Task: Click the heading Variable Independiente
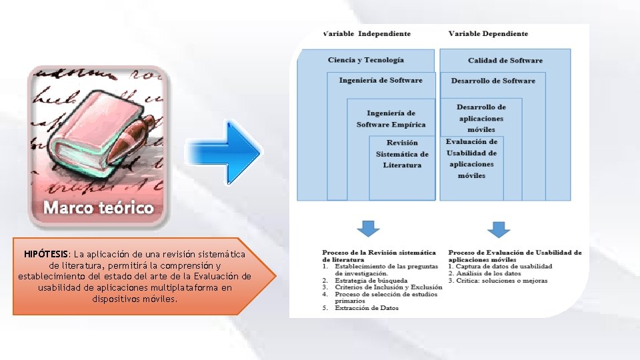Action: click(x=367, y=34)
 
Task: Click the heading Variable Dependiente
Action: click(x=488, y=34)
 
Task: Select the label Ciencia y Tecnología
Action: click(x=365, y=60)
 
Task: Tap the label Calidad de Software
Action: click(x=505, y=61)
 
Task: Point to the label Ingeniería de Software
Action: click(x=381, y=81)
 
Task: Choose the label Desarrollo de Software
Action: click(x=493, y=81)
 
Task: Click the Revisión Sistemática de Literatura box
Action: click(x=402, y=154)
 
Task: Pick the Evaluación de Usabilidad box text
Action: click(x=471, y=158)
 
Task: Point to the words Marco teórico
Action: click(x=99, y=208)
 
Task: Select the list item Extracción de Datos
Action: click(x=366, y=308)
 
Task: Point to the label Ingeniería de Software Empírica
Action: click(x=391, y=119)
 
